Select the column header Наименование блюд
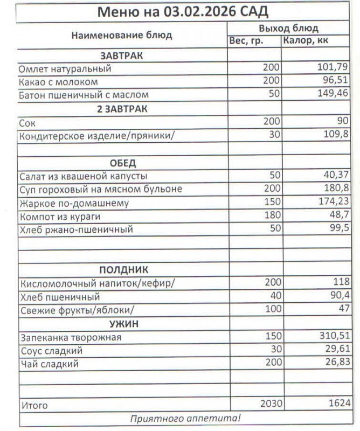(x=122, y=36)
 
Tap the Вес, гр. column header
(x=246, y=41)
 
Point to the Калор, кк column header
(x=306, y=41)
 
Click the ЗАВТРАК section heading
(x=121, y=55)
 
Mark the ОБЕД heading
(x=123, y=163)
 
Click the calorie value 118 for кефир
(x=339, y=283)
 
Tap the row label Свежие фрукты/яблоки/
(x=76, y=310)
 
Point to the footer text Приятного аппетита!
(x=186, y=418)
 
